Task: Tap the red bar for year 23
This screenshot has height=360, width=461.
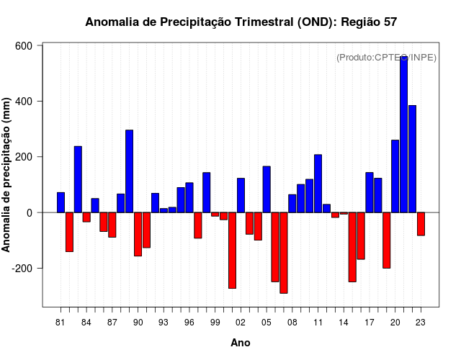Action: click(421, 224)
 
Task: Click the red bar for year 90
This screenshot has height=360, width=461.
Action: click(138, 234)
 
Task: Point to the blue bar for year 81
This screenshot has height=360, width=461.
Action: click(61, 202)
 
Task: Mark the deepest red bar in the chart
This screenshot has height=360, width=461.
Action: click(284, 253)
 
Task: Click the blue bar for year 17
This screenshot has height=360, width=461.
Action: click(370, 192)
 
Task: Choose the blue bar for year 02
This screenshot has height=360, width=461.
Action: click(241, 195)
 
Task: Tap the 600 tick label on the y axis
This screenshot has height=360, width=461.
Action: click(24, 45)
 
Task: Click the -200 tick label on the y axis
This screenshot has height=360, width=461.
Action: click(22, 269)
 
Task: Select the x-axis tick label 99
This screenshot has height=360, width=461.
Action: click(215, 322)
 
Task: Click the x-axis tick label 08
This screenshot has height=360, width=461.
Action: click(292, 322)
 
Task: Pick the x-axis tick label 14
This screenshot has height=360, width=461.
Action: click(344, 322)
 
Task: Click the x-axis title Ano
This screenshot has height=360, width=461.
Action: click(241, 343)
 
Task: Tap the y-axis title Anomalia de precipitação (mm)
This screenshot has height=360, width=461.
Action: click(7, 175)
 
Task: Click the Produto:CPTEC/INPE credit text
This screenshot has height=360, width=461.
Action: click(386, 58)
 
